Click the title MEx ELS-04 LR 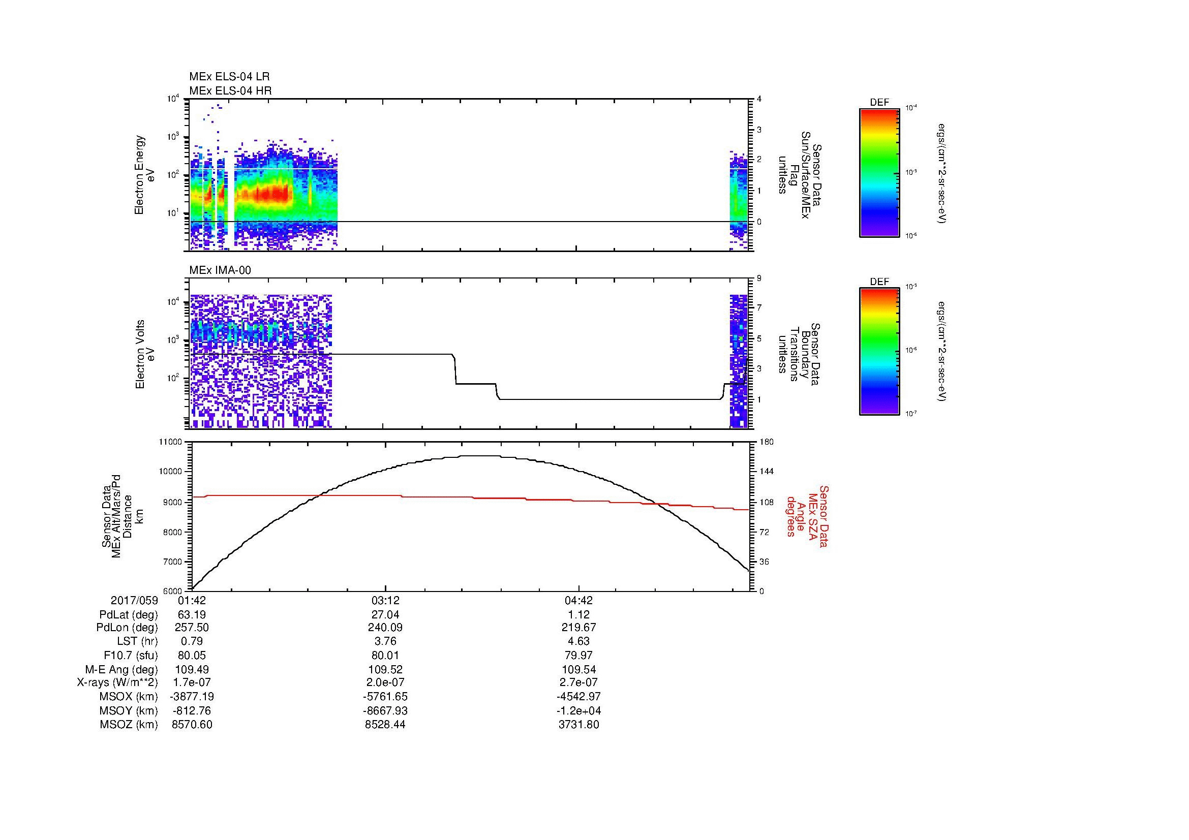pos(229,77)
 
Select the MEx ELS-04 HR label pos(230,90)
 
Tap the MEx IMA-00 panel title pos(220,270)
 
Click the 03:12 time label pos(385,600)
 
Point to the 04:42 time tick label pos(578,600)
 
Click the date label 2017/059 pos(134,600)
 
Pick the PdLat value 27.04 pos(385,615)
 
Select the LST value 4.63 pos(578,641)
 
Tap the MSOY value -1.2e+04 pos(578,710)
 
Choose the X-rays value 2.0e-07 pos(385,682)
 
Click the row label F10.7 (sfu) pos(131,655)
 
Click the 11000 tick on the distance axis pos(171,442)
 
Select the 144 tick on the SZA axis pos(767,472)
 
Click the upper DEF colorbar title pos(879,103)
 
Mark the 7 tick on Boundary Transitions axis pos(759,308)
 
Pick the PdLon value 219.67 pos(578,627)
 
